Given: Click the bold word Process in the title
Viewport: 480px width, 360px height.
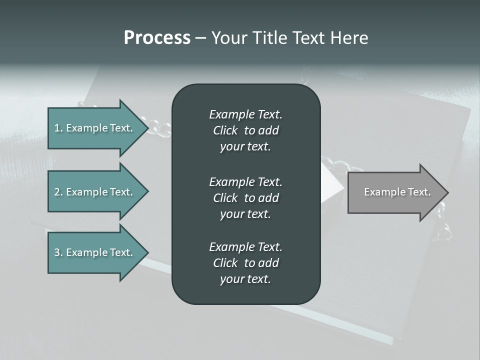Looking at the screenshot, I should click(157, 38).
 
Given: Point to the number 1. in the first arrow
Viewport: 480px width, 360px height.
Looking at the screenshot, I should click(58, 128).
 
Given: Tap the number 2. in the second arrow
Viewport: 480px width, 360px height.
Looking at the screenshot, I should click(58, 192).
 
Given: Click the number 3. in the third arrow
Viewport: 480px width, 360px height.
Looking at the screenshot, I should click(58, 252).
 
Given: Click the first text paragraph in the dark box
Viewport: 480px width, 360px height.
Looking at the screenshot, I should click(245, 130).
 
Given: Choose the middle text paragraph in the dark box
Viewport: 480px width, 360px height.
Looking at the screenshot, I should click(245, 197).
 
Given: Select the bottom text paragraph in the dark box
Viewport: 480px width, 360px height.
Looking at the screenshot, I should click(245, 263).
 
